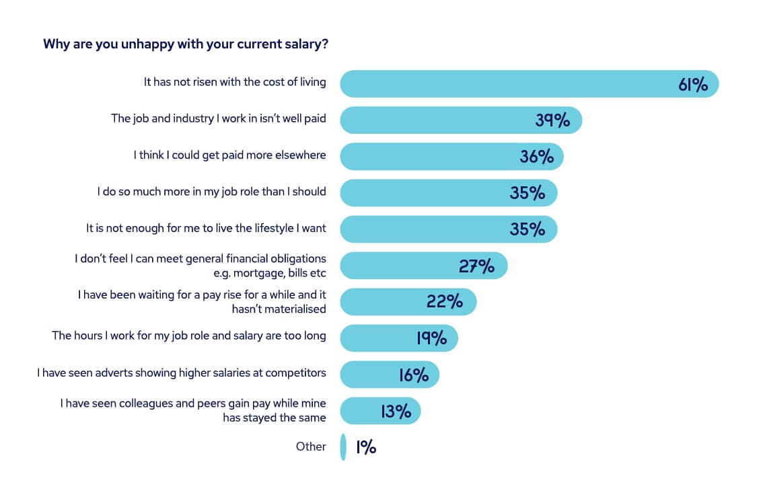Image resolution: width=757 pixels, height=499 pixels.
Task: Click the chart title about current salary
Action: [185, 44]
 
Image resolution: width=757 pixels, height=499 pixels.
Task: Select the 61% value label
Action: [692, 85]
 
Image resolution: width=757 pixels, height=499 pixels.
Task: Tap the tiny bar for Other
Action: [343, 447]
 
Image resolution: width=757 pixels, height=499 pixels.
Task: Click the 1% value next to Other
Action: [365, 447]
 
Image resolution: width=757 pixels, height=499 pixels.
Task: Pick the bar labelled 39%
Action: [437, 120]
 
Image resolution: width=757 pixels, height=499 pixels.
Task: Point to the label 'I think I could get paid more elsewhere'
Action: [229, 155]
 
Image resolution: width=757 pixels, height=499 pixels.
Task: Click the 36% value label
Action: [537, 157]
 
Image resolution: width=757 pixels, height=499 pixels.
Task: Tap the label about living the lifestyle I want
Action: [206, 228]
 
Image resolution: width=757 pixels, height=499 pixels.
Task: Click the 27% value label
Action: [476, 266]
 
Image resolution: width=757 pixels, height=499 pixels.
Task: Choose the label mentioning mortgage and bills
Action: [201, 265]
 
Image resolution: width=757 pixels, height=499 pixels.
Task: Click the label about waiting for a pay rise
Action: [202, 301]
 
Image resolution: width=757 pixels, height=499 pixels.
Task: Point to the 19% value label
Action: [431, 338]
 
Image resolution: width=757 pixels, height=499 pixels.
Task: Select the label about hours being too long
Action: [189, 335]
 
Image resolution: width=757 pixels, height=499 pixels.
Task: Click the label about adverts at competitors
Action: [182, 372]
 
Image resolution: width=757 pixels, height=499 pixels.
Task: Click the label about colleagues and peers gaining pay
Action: [193, 410]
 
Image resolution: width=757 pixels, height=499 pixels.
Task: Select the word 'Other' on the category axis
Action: [311, 447]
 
